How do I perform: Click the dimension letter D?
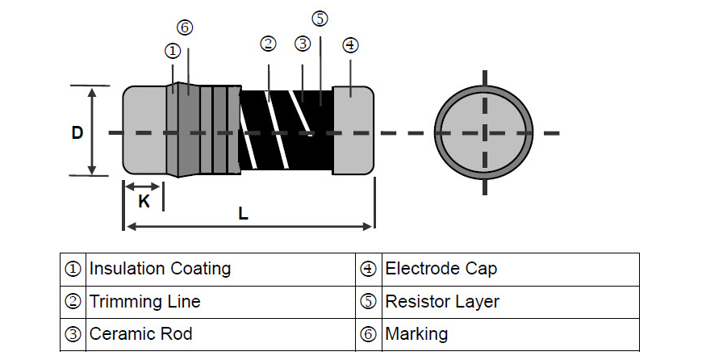click(77, 132)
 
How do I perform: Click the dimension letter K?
click(144, 201)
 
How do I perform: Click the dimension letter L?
click(243, 214)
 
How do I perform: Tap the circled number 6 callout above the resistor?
click(185, 27)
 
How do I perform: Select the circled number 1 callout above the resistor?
click(172, 50)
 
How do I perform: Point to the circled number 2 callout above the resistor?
click(268, 44)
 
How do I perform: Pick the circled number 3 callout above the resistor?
click(302, 44)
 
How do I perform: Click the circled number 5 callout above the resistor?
click(320, 19)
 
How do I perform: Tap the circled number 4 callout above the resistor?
click(349, 44)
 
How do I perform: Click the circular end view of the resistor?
click(483, 132)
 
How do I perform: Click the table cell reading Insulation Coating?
click(160, 269)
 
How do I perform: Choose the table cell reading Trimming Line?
click(144, 302)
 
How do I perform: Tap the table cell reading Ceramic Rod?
click(140, 333)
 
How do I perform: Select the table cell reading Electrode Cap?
click(441, 269)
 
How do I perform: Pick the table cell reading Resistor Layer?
click(442, 302)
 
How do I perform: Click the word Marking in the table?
click(416, 333)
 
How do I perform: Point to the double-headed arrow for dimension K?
click(143, 186)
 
